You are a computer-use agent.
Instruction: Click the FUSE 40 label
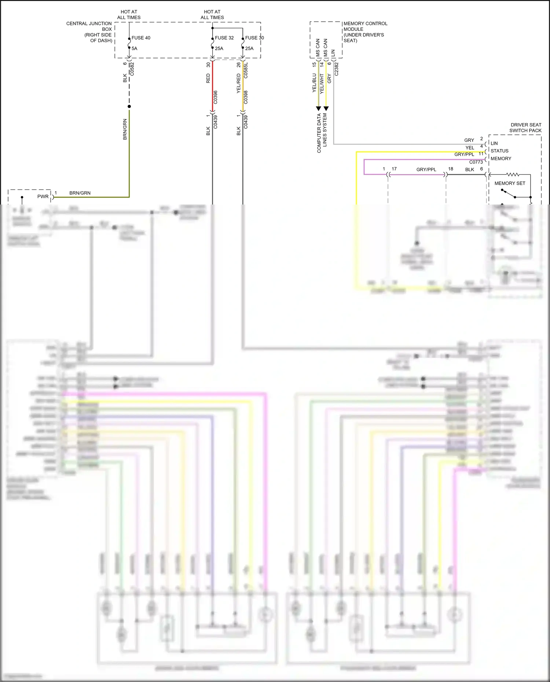[141, 38]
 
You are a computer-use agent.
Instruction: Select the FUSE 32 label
[224, 38]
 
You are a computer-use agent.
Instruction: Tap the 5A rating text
[135, 48]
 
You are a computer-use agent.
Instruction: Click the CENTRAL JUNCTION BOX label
[89, 32]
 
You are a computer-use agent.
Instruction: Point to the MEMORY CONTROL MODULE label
[365, 32]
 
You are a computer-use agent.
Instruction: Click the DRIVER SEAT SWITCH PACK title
[525, 128]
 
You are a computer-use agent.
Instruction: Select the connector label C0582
[132, 69]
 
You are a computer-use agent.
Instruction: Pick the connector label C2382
[337, 69]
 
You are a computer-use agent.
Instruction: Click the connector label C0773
[476, 162]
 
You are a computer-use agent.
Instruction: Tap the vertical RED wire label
[208, 78]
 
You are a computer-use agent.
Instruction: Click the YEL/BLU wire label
[314, 83]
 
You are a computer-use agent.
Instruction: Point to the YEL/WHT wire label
[322, 84]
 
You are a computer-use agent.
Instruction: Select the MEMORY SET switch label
[510, 183]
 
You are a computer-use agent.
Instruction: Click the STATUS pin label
[499, 151]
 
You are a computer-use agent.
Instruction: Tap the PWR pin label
[43, 196]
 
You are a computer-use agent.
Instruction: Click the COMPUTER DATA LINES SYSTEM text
[322, 133]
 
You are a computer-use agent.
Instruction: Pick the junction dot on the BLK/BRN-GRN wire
[129, 107]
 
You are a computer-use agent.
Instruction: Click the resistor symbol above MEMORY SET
[513, 174]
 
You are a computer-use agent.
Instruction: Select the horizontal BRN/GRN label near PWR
[80, 193]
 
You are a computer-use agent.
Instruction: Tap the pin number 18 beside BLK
[451, 169]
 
